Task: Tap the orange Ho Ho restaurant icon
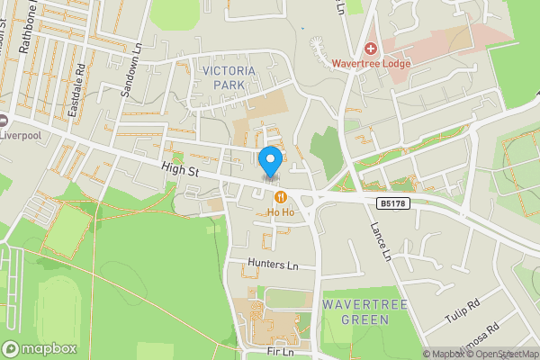[x=282, y=197]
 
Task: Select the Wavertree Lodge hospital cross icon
[x=370, y=48]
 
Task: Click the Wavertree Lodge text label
[x=371, y=64]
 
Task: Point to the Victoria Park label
[x=229, y=77]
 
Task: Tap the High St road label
[x=179, y=169]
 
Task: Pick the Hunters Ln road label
[x=274, y=265]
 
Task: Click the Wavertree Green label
[x=365, y=312]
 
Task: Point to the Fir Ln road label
[x=281, y=353]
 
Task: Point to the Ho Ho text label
[x=281, y=212]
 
